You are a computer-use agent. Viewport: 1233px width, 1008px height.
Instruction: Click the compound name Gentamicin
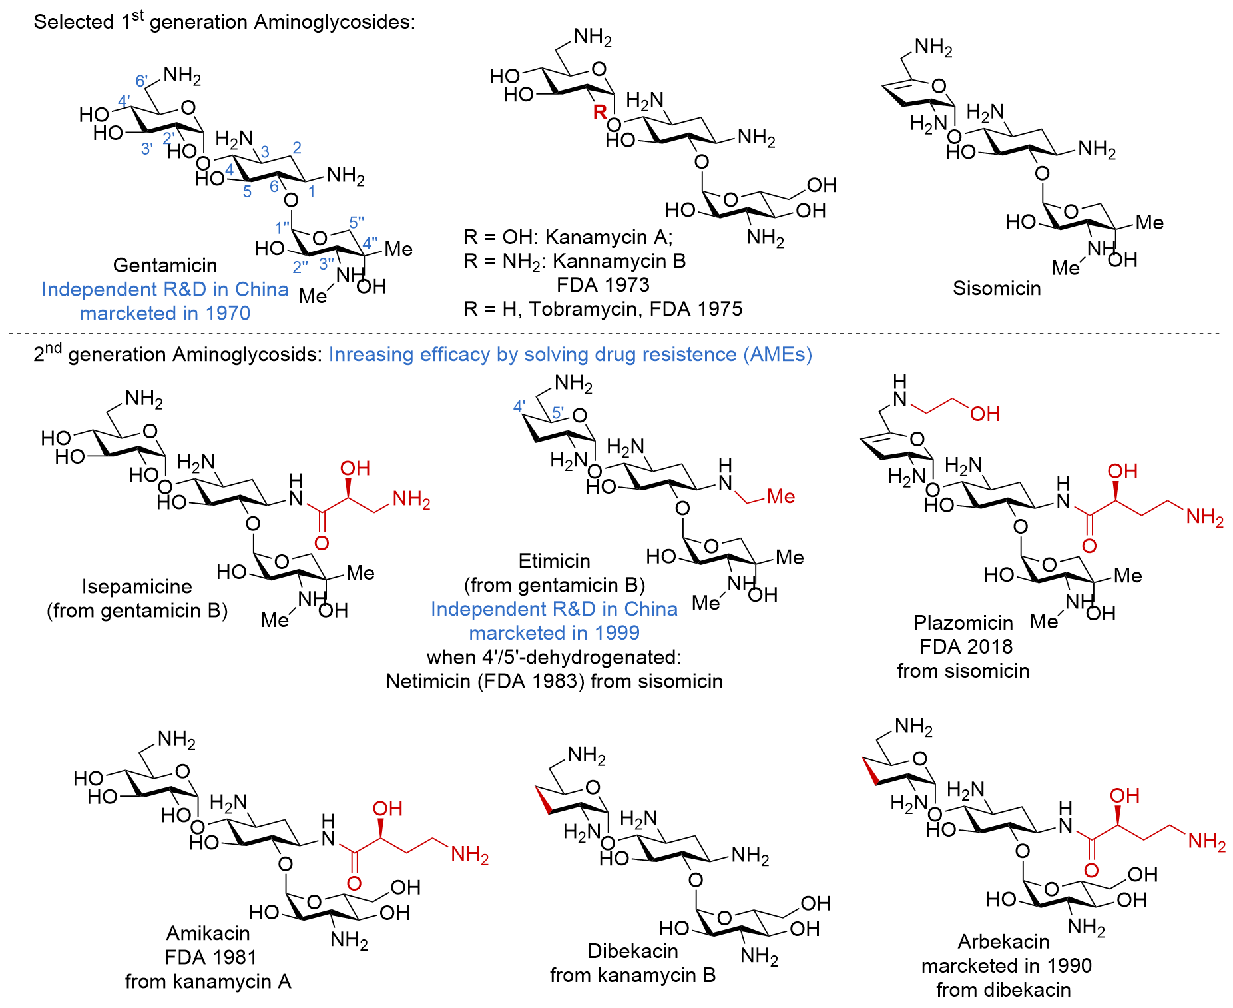point(165,265)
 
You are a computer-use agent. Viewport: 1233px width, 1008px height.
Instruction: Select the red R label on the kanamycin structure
point(600,112)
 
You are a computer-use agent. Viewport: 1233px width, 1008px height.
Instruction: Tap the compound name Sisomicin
point(996,288)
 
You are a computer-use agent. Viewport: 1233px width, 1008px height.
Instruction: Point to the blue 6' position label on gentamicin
point(142,81)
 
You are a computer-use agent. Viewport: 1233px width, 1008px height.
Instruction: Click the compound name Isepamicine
point(136,586)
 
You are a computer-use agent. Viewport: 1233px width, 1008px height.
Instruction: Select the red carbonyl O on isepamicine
point(322,543)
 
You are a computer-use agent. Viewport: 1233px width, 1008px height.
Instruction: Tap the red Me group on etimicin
point(780,496)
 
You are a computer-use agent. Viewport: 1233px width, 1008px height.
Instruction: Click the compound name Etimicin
point(554,561)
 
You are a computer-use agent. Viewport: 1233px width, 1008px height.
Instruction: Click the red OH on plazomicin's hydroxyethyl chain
point(985,414)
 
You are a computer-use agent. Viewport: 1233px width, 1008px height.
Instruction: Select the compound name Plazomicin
point(963,622)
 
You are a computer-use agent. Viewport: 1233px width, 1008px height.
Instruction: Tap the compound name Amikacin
point(208,933)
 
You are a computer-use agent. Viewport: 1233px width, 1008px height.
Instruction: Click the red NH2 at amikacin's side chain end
point(469,854)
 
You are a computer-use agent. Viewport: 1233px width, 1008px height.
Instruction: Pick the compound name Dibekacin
point(632,951)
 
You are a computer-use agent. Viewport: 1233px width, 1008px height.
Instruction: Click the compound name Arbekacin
point(1003,941)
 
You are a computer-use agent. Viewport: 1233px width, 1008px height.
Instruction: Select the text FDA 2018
point(965,646)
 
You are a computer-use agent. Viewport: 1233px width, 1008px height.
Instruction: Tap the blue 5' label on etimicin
point(558,413)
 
